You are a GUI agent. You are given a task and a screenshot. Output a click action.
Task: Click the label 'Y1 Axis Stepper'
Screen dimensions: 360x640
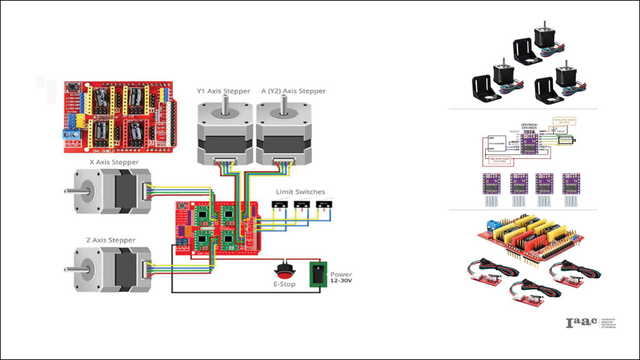click(223, 91)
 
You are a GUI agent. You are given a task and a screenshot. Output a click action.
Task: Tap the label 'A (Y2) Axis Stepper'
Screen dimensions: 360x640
click(293, 91)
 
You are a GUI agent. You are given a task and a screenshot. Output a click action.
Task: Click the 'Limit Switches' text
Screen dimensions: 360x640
click(300, 192)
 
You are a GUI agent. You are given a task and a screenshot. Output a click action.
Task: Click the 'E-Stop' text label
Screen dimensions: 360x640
click(285, 284)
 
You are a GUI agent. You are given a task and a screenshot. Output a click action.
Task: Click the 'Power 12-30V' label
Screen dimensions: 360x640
click(341, 277)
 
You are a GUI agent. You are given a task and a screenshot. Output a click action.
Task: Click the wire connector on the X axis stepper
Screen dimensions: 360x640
click(146, 191)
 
